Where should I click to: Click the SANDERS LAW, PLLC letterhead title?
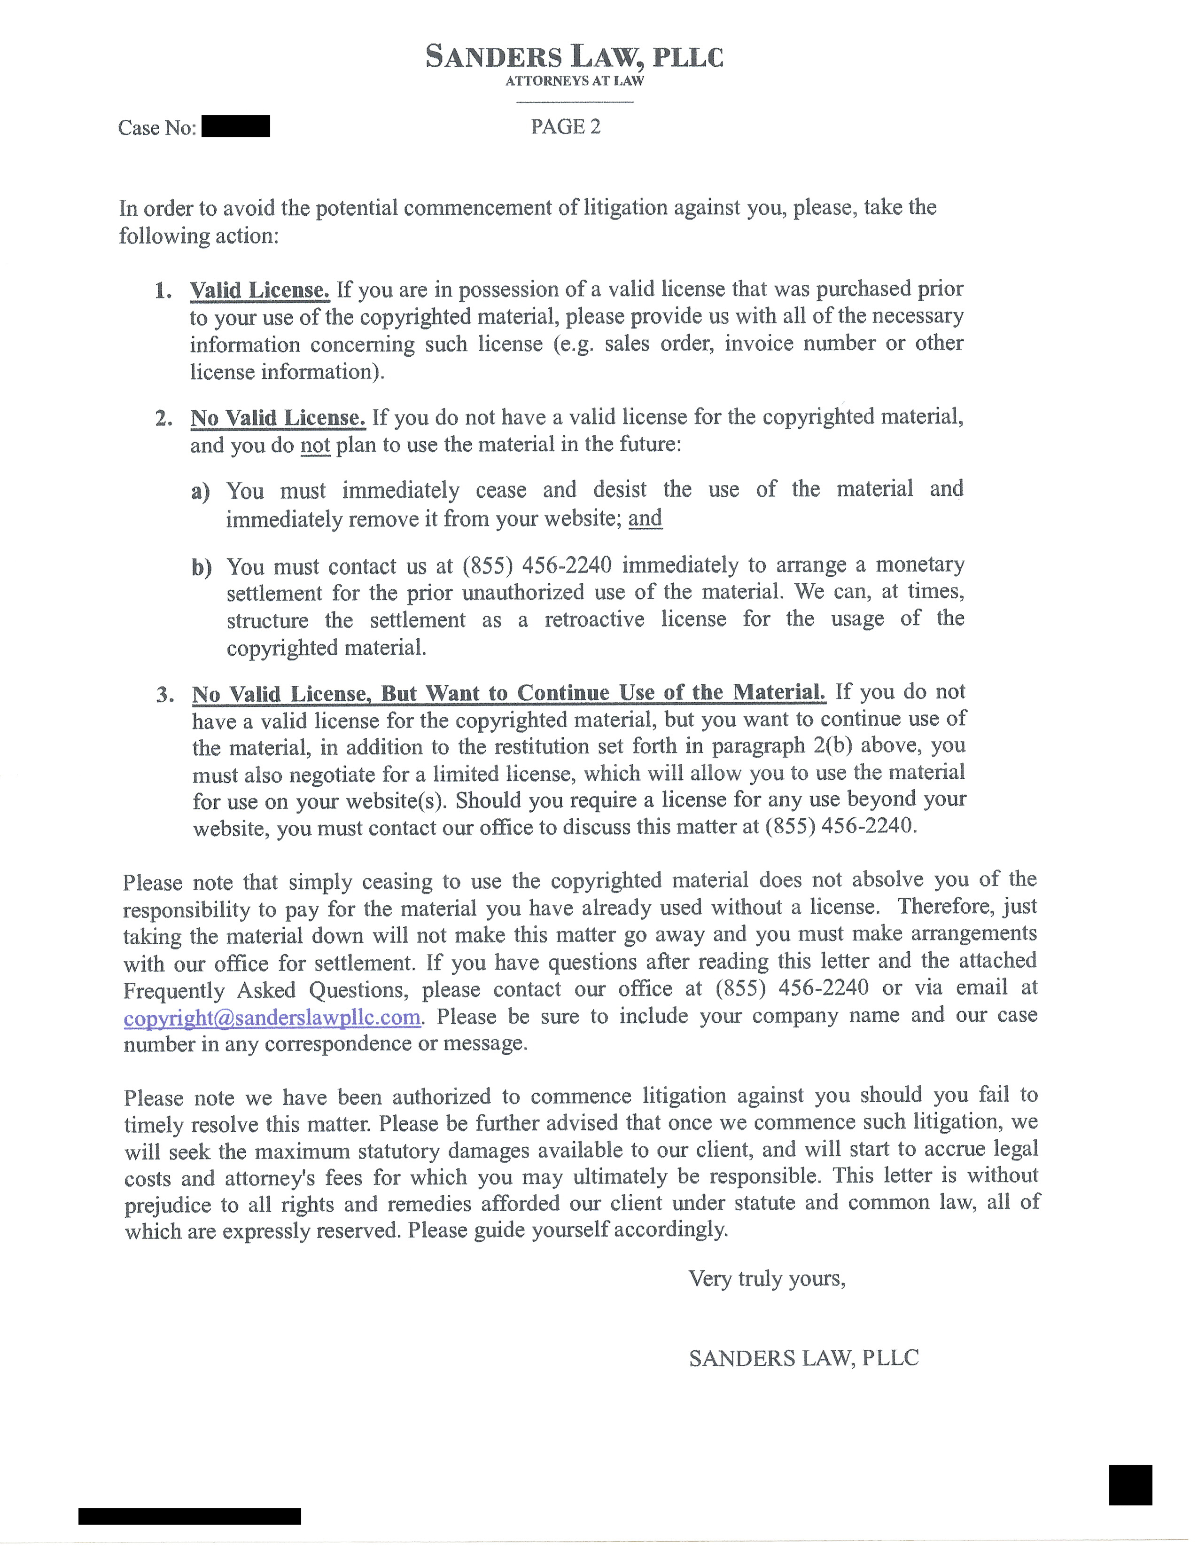click(574, 56)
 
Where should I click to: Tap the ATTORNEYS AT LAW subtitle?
click(574, 81)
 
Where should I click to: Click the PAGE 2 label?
click(566, 126)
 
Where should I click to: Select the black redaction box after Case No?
click(236, 126)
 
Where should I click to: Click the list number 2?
click(163, 418)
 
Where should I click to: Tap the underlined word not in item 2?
click(315, 445)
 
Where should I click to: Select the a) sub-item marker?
click(200, 492)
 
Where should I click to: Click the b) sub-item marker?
click(201, 567)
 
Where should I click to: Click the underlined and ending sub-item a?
click(645, 518)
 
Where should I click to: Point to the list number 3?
click(164, 695)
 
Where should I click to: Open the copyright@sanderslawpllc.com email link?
click(272, 1017)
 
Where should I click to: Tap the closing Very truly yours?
click(767, 1278)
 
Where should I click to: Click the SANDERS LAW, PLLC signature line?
click(803, 1358)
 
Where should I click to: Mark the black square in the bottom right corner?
click(1130, 1484)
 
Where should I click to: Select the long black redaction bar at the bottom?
click(189, 1516)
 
